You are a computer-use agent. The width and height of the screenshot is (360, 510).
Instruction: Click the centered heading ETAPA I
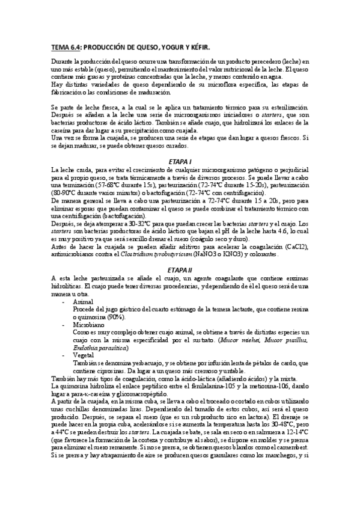180,162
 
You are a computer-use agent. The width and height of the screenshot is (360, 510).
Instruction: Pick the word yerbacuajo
139,363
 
